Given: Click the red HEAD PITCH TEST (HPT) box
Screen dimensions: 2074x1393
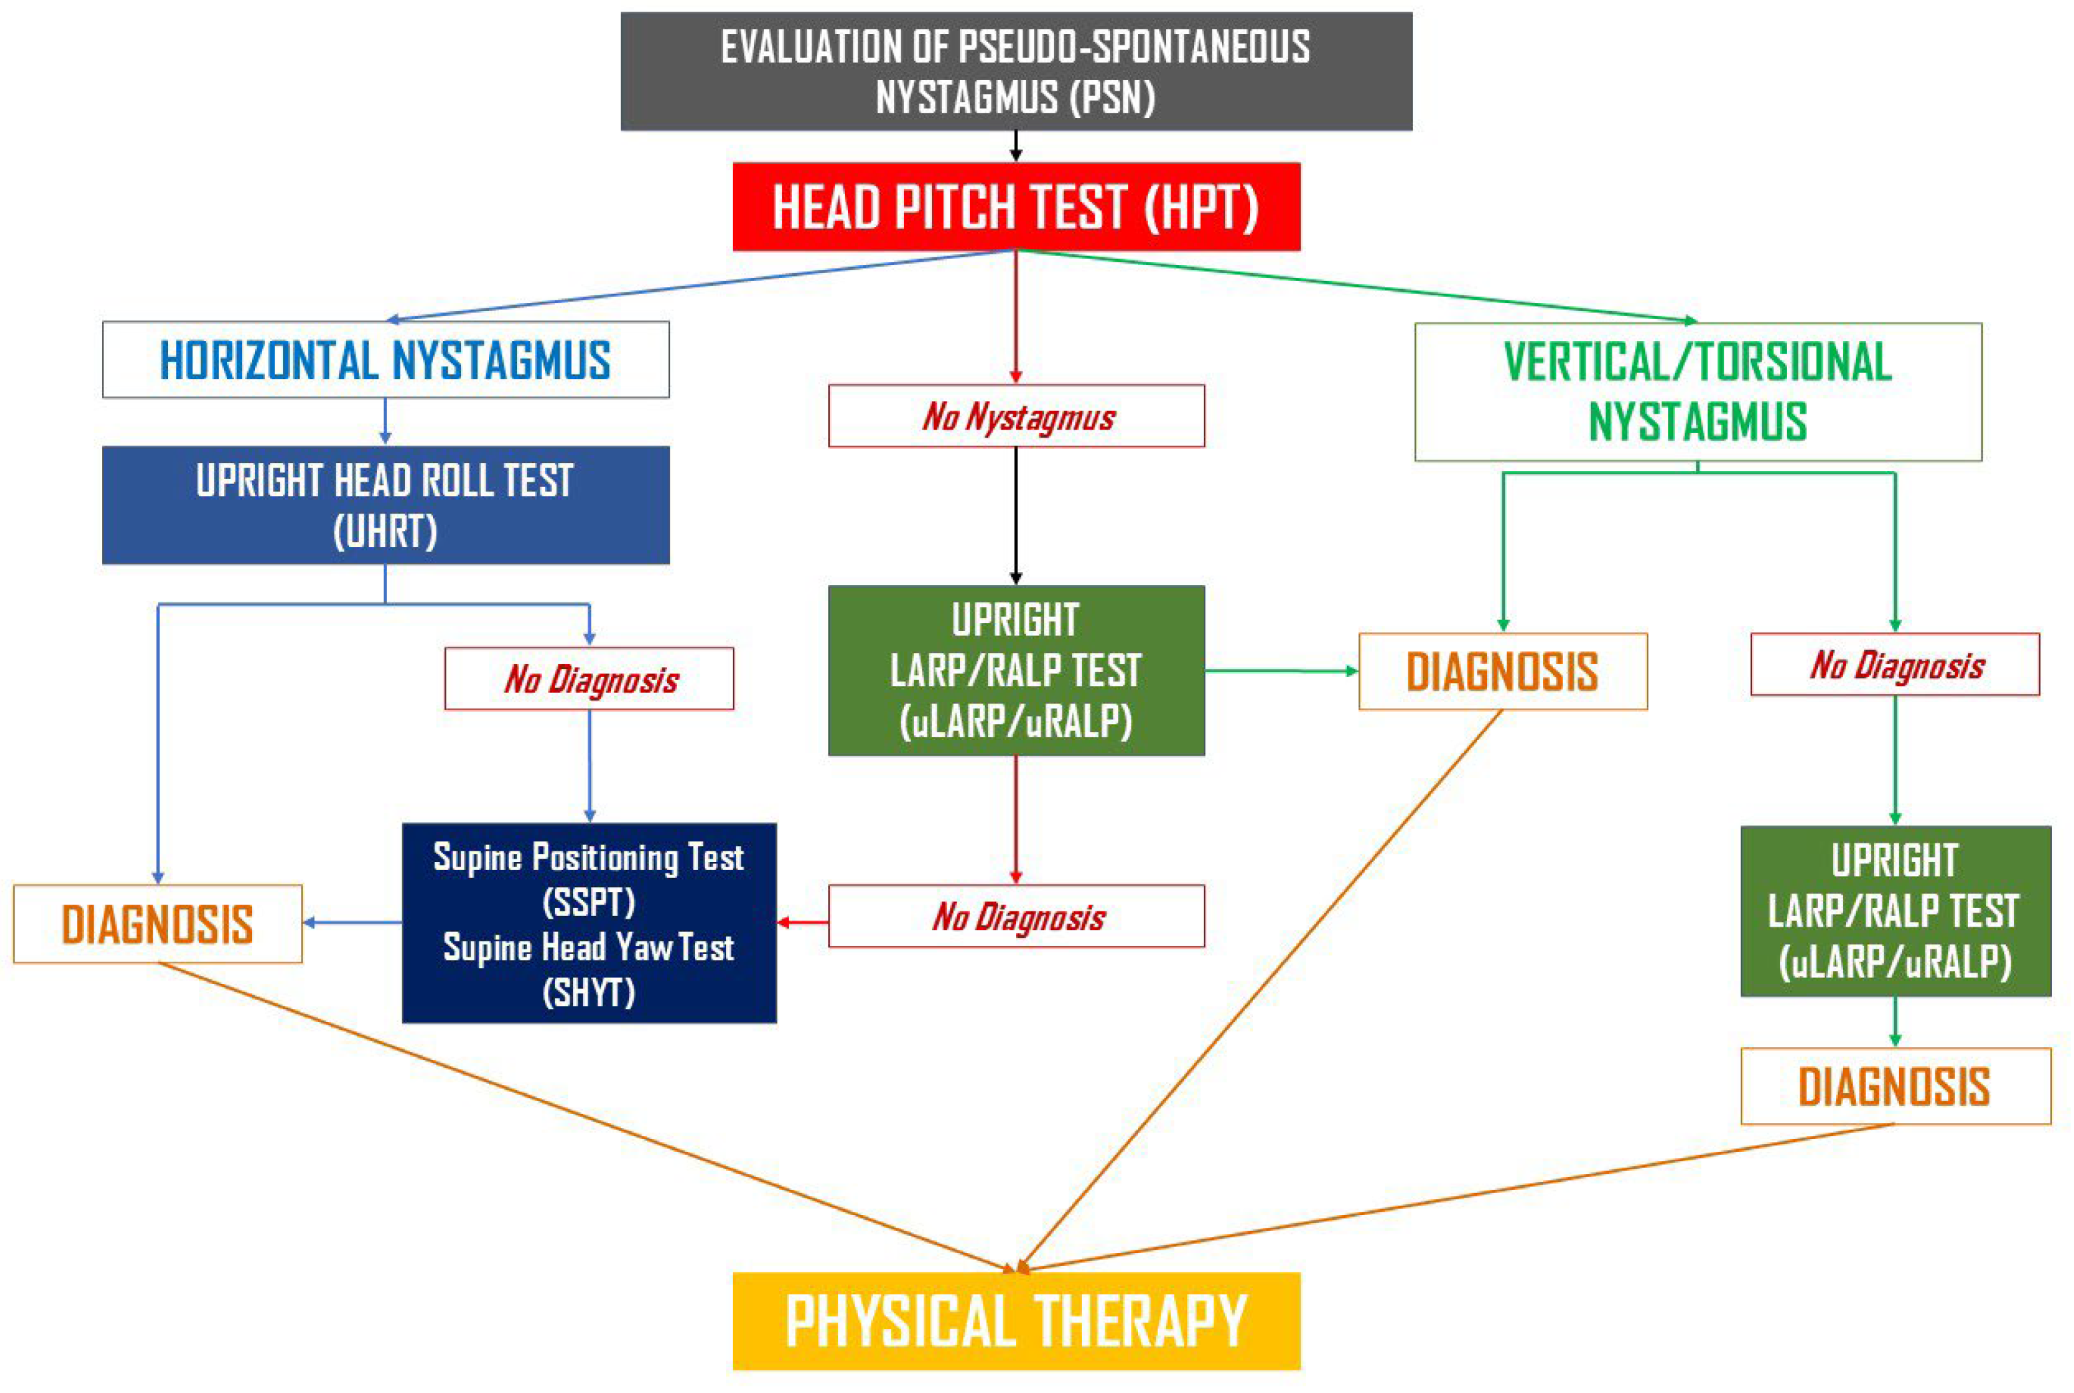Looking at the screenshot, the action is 1016,206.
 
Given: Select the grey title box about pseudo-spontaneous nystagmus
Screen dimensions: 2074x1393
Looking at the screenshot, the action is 1016,71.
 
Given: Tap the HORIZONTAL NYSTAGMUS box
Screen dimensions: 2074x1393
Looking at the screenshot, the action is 386,359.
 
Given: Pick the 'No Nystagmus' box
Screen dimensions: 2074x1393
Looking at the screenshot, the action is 1016,416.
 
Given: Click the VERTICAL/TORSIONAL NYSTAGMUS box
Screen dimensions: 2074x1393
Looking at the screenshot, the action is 1698,392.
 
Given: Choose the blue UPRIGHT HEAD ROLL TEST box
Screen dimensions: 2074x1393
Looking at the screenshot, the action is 386,504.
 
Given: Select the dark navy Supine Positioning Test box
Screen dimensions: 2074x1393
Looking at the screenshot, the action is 589,923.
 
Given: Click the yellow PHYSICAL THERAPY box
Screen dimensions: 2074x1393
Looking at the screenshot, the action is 1016,1320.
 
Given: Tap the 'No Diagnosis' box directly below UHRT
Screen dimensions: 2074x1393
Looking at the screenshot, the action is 589,679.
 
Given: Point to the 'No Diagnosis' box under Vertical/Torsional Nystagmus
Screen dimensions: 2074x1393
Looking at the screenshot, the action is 1895,664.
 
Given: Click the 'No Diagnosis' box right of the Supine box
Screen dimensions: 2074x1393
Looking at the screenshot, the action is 1016,916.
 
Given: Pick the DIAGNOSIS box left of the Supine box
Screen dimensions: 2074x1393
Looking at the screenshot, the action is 158,924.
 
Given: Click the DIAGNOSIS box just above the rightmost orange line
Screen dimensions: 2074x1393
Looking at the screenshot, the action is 1895,1087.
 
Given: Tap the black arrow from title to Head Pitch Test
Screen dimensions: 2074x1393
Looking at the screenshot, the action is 1016,147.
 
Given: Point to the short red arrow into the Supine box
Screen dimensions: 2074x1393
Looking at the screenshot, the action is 803,922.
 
